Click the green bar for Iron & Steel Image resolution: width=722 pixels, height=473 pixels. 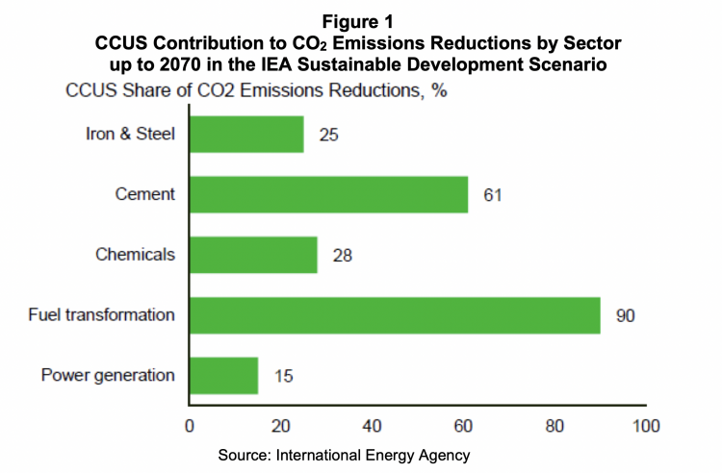click(246, 135)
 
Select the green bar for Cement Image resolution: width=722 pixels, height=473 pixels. click(328, 194)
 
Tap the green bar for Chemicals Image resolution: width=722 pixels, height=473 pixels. click(253, 255)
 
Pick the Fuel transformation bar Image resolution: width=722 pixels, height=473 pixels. click(395, 314)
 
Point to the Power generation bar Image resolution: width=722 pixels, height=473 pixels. click(223, 375)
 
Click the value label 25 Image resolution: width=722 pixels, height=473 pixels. click(328, 135)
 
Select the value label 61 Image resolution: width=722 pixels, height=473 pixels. click(493, 194)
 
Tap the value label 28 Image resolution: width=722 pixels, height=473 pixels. click(342, 255)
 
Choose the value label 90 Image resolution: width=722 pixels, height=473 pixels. click(626, 314)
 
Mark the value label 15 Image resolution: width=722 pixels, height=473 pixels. click(282, 375)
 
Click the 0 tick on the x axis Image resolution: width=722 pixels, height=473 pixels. click(190, 424)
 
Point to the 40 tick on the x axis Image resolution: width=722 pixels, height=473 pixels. click(372, 424)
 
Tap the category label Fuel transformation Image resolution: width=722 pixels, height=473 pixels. click(109, 314)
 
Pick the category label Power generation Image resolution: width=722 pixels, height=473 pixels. click(108, 375)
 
